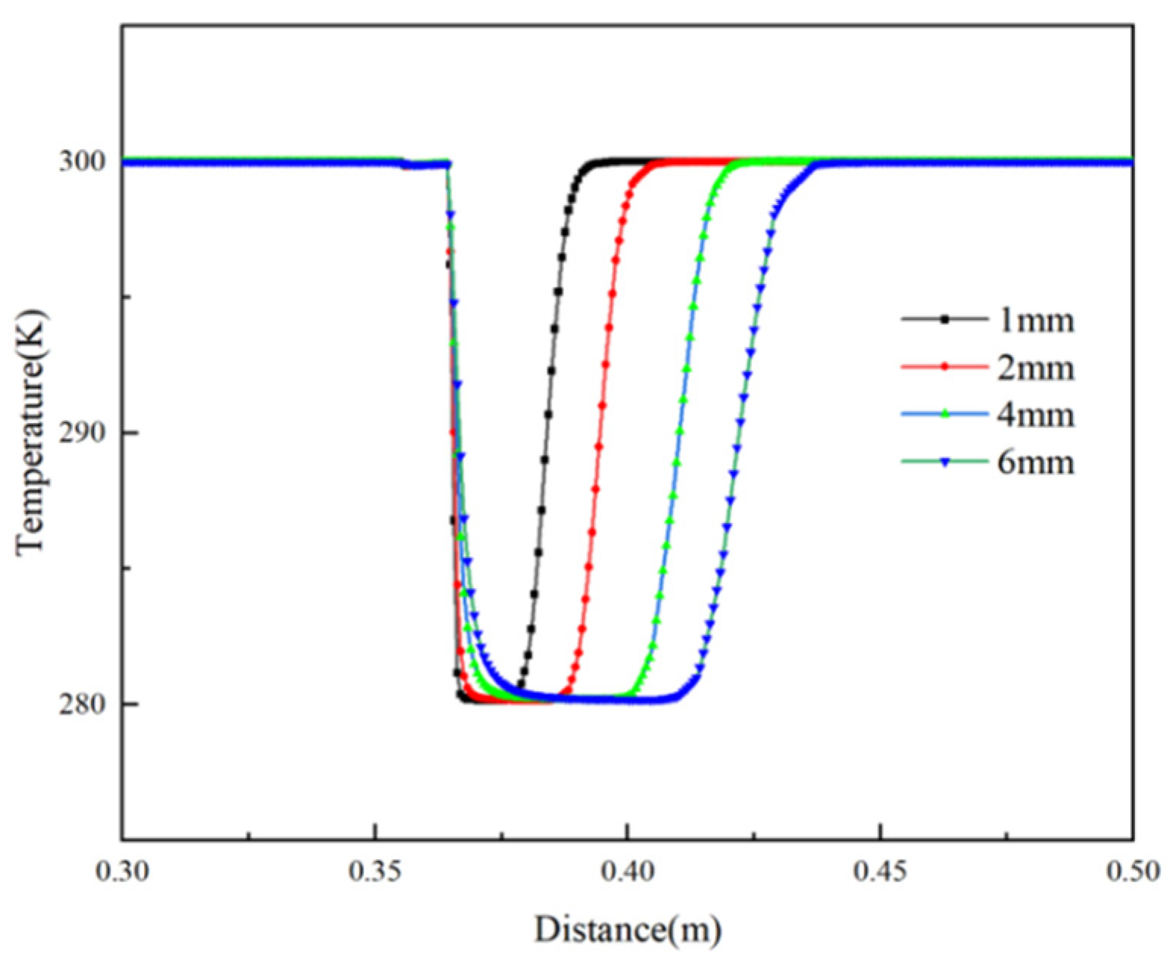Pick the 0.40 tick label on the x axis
628,871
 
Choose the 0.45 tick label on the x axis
881,871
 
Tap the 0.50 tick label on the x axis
1133,871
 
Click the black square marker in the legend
944,320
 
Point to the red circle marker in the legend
944,367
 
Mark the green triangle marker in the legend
944,414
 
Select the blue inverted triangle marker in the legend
944,462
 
